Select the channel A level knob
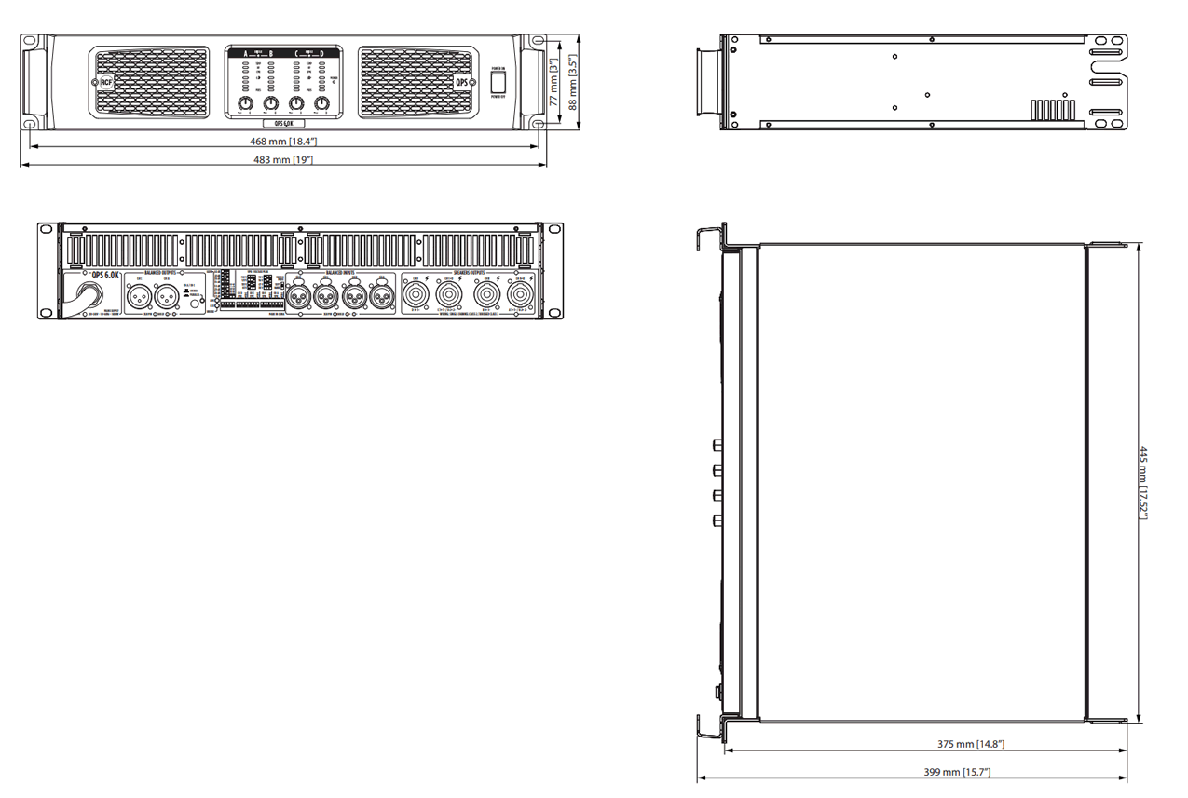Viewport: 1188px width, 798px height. tap(245, 102)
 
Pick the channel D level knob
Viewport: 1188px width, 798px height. tap(321, 102)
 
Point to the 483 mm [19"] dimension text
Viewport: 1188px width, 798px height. tap(283, 160)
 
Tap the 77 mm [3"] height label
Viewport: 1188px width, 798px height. tap(553, 83)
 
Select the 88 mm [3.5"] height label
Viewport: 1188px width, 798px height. tap(574, 83)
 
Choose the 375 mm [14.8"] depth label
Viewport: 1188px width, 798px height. tap(970, 744)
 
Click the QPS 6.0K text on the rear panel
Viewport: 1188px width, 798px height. tap(104, 275)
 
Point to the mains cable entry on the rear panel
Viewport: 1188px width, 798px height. tap(92, 296)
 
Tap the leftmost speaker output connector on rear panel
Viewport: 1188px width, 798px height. tap(415, 294)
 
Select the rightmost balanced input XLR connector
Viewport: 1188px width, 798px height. tap(382, 297)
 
